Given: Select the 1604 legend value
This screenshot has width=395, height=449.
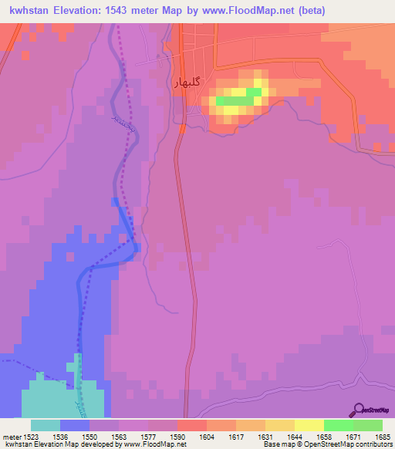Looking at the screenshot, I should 206,436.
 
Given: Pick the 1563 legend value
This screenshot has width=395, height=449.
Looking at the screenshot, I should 118,436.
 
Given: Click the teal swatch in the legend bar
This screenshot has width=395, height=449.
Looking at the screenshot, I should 46,425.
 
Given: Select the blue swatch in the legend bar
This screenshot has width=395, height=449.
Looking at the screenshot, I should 75,425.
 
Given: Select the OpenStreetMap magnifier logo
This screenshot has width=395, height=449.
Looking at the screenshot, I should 358,410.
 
